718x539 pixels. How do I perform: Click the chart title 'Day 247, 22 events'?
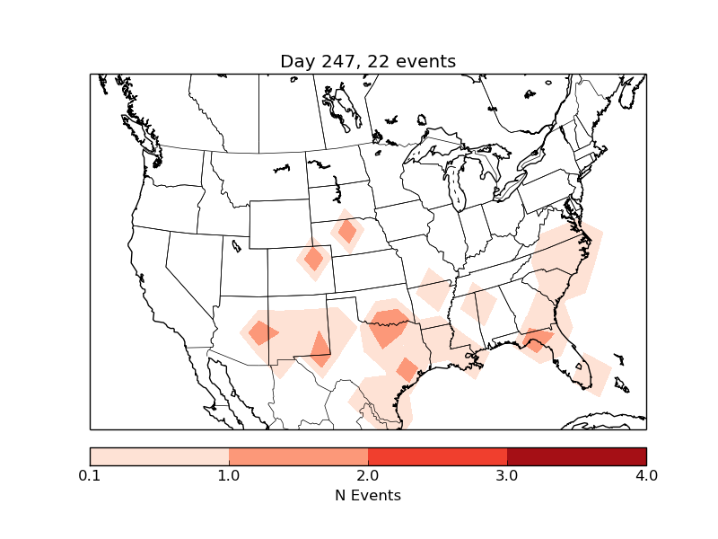[368, 61]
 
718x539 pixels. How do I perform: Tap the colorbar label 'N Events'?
[368, 495]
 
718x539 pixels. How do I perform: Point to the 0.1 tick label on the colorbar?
[90, 475]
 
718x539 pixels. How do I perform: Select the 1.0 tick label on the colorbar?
[229, 475]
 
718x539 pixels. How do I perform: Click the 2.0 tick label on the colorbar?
[368, 475]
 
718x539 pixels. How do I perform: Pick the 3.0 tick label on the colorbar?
[507, 475]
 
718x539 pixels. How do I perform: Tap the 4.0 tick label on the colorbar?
[646, 475]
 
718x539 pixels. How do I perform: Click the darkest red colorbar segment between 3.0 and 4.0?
[576, 456]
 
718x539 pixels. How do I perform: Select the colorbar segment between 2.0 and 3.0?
[437, 456]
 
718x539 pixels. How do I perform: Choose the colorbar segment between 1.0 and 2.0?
[298, 456]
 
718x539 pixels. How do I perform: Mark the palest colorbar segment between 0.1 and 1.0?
[159, 456]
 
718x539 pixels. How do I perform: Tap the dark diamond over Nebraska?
[347, 231]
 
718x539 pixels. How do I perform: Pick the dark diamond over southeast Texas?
[407, 368]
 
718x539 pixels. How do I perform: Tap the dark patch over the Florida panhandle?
[537, 340]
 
